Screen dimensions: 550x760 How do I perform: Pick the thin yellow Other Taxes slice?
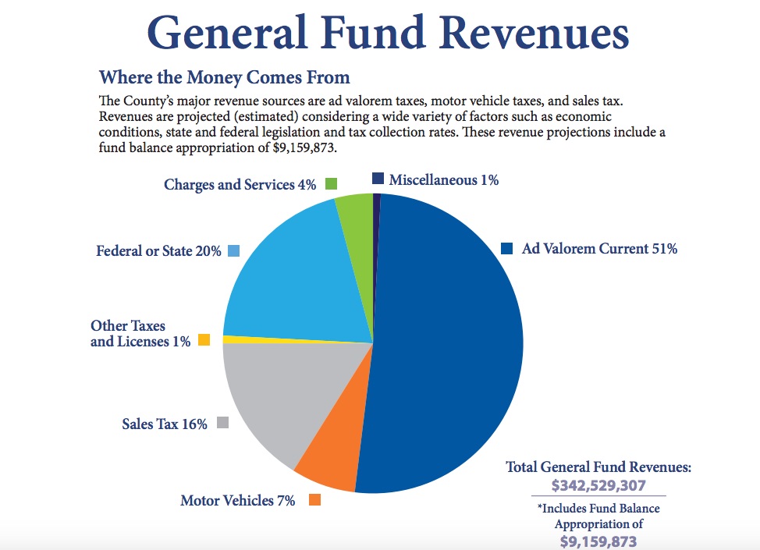[x=257, y=339]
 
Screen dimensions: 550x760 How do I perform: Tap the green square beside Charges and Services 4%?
[x=331, y=184]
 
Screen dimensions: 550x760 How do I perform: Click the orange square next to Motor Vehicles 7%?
[x=315, y=500]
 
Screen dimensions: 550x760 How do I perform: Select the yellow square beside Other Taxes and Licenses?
[x=204, y=340]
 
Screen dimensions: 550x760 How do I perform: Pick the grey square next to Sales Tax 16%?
[x=223, y=423]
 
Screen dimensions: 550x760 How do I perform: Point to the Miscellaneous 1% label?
[x=443, y=180]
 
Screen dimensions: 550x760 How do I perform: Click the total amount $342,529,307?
[x=598, y=485]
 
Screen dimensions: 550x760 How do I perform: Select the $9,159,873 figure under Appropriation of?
[x=598, y=541]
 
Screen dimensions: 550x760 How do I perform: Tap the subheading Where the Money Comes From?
[x=225, y=77]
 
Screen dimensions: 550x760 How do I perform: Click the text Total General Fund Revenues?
[x=598, y=467]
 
